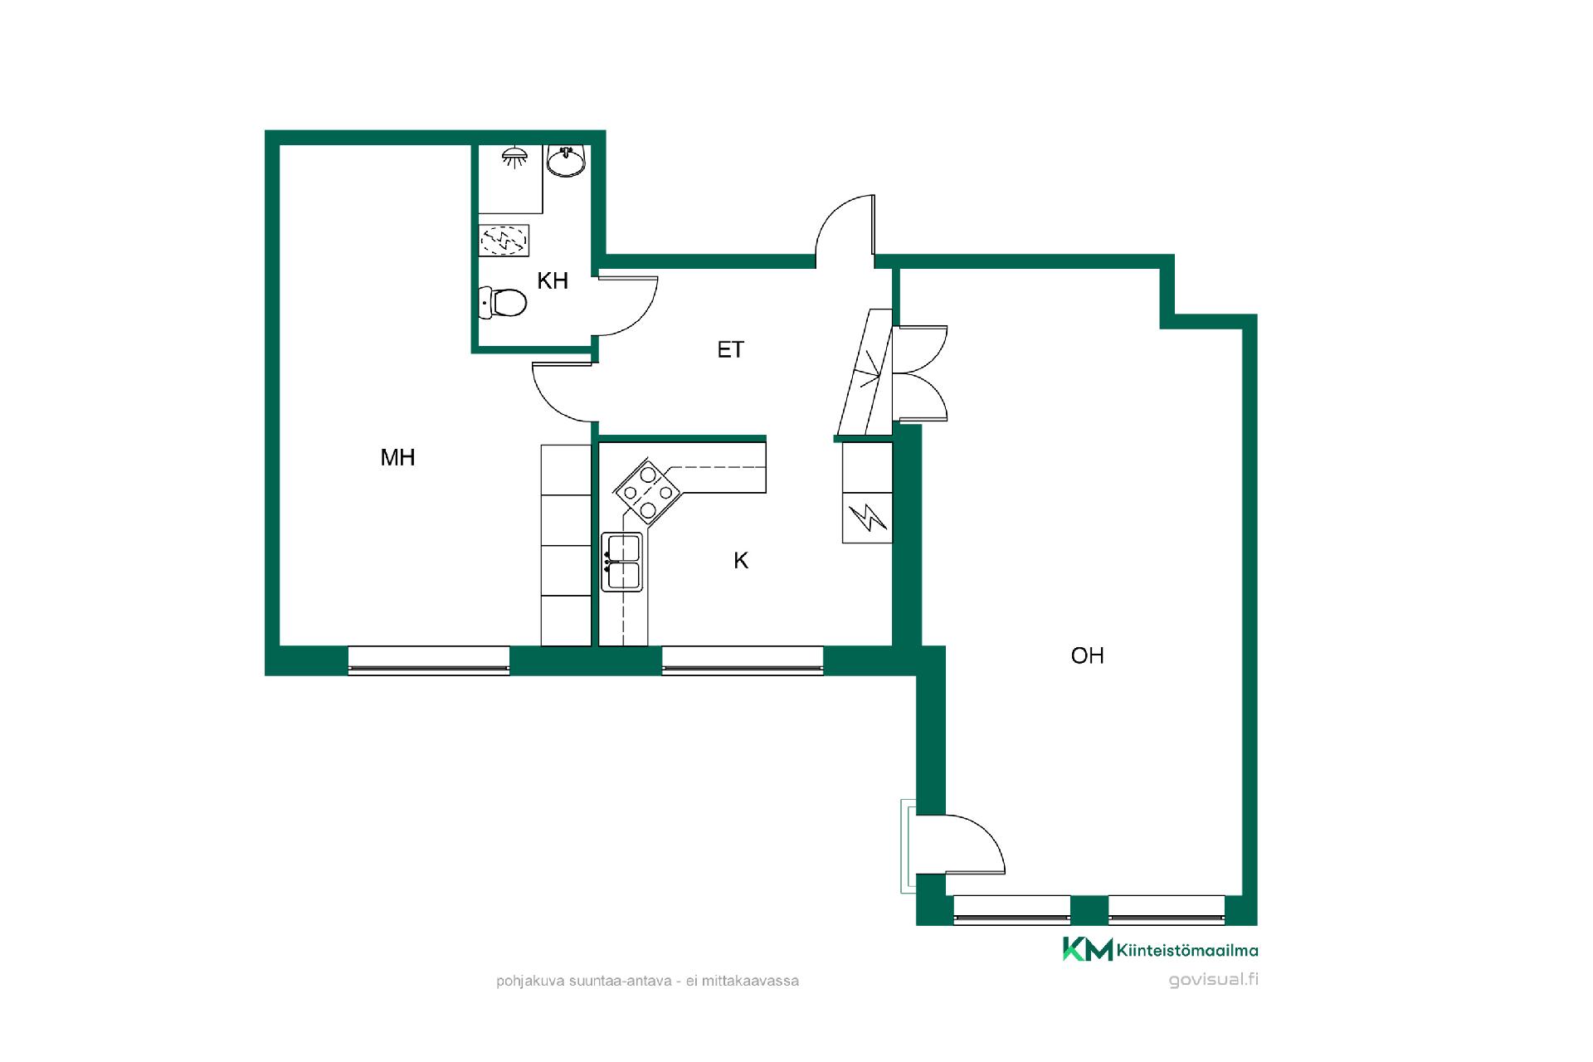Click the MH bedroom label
(397, 457)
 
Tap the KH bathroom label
(553, 280)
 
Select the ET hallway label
(730, 350)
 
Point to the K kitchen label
(741, 561)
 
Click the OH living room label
(1087, 655)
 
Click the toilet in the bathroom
(503, 303)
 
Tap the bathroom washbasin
(568, 160)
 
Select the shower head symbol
(515, 156)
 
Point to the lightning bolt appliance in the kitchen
(868, 518)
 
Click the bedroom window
(428, 660)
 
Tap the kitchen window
(743, 660)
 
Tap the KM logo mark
(1088, 949)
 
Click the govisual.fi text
(1213, 979)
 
